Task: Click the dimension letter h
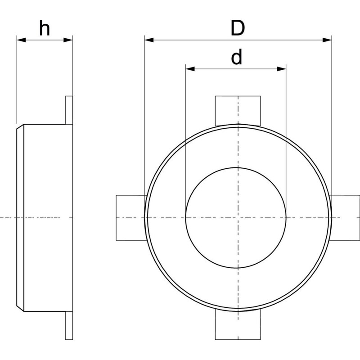coord(45,28)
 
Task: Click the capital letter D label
coord(238,28)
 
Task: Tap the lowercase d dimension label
coord(236,57)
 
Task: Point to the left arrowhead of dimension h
coord(21,40)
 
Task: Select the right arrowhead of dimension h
coord(68,40)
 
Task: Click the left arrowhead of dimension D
coord(149,40)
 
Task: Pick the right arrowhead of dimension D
coord(327,40)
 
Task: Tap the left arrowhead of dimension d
coord(190,69)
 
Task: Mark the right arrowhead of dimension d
coord(282,69)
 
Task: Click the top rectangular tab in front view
coord(238,111)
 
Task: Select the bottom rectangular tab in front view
coord(238,324)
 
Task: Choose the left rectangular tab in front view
coord(131,218)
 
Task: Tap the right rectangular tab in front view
coord(345,218)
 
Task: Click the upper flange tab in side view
coord(69,110)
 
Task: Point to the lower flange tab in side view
coord(69,325)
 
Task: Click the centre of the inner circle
coord(236,218)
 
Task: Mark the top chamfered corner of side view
coord(20,126)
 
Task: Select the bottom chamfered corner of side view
coord(20,309)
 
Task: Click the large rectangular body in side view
coord(48,218)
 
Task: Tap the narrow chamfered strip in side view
coord(20,218)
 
